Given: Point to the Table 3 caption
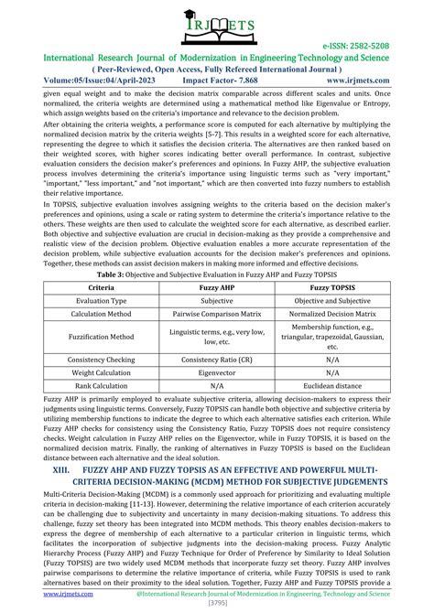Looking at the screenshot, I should click(x=216, y=273).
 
